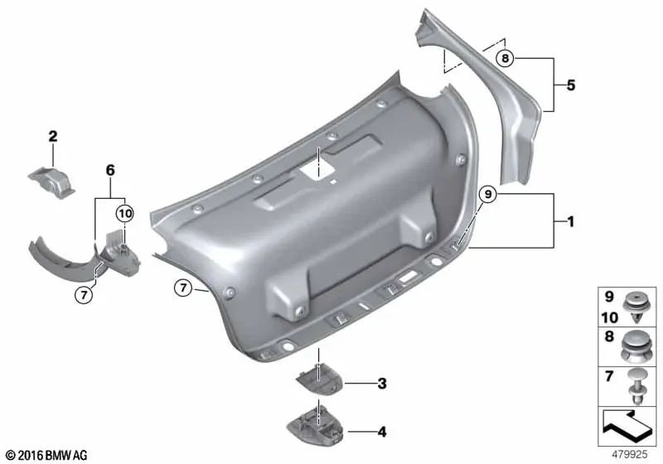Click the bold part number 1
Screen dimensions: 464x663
pyautogui.click(x=570, y=222)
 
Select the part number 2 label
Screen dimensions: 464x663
pyautogui.click(x=52, y=136)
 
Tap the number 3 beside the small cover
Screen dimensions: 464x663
pyautogui.click(x=381, y=384)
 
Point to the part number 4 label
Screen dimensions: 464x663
pyautogui.click(x=381, y=431)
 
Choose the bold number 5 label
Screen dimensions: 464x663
pyautogui.click(x=570, y=85)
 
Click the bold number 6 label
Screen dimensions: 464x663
pyautogui.click(x=109, y=170)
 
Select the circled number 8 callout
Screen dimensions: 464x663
pyautogui.click(x=506, y=58)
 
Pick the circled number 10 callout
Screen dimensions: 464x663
pyautogui.click(x=124, y=213)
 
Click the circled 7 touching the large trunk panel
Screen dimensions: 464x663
pyautogui.click(x=183, y=288)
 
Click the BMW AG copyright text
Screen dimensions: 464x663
pyautogui.click(x=48, y=455)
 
